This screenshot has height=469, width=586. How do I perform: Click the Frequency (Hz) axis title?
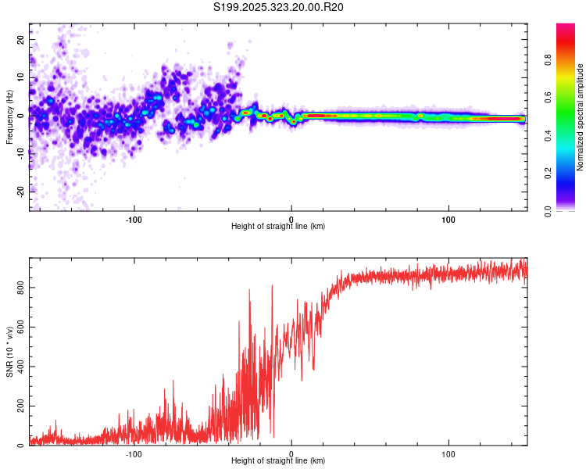(9, 116)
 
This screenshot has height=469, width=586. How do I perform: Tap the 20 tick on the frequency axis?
(20, 39)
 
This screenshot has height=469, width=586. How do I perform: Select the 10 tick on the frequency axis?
(20, 77)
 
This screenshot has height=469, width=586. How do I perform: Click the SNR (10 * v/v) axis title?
(9, 352)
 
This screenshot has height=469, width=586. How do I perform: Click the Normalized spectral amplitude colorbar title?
(580, 117)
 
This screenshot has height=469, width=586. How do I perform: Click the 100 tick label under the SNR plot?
(448, 453)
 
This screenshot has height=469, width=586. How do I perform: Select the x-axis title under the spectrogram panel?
(278, 227)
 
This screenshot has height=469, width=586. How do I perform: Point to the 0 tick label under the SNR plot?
(291, 453)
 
